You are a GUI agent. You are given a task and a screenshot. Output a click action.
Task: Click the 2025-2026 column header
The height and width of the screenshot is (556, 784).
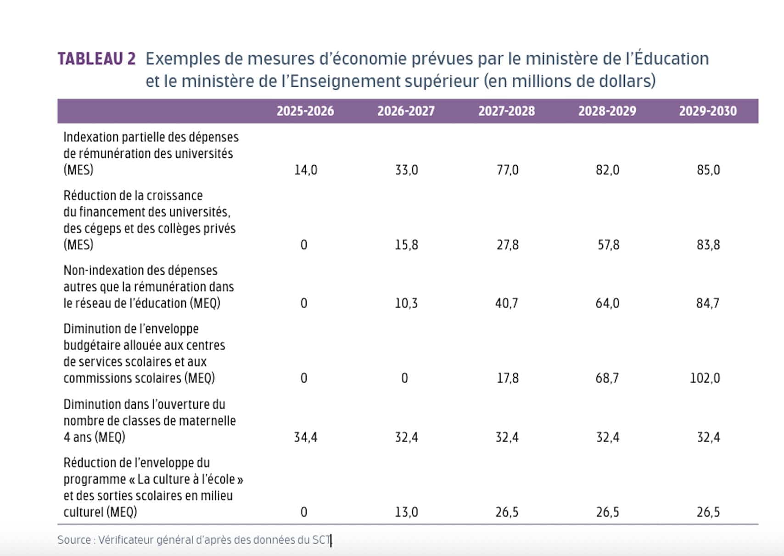[305, 111]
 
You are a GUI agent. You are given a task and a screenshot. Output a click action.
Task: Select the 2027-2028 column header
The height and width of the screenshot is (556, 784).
[506, 111]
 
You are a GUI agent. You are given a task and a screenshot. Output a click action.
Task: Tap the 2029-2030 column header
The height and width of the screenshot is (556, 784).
[708, 111]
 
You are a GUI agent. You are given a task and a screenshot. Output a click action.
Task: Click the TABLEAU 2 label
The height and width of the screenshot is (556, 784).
[97, 59]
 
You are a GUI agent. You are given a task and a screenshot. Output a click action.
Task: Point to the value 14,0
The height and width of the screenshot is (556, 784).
[306, 170]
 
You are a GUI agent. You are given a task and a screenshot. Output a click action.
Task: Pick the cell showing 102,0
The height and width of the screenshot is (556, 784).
[705, 378]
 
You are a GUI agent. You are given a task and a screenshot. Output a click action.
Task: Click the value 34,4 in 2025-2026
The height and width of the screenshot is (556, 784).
[306, 437]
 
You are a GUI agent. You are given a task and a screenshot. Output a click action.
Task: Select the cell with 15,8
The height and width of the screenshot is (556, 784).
[406, 245]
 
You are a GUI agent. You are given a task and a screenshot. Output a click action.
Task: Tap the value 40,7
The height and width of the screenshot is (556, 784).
[507, 303]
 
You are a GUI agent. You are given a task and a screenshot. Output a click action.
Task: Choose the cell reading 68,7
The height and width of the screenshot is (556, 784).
[607, 378]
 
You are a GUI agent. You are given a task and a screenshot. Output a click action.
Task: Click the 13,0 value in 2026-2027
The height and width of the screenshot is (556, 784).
[406, 512]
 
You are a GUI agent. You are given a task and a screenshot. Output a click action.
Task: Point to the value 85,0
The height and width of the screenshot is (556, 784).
[708, 170]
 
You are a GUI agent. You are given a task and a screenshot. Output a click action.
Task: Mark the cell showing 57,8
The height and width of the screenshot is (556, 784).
[608, 245]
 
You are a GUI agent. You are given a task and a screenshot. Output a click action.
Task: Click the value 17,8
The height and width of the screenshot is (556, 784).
[508, 378]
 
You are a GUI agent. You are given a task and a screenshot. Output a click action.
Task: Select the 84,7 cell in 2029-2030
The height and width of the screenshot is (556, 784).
[708, 303]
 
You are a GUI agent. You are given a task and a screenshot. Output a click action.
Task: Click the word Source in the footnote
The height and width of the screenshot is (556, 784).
[74, 540]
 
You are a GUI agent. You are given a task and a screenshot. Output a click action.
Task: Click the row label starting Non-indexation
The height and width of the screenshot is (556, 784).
[140, 271]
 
